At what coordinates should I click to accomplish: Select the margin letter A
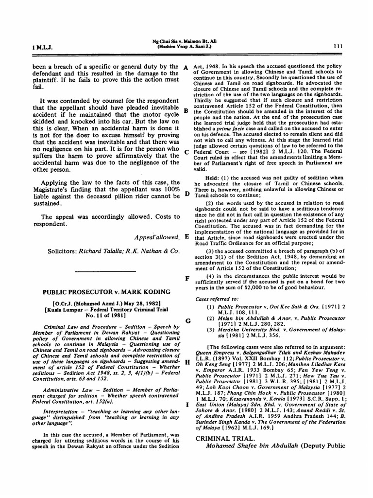click(x=186, y=67)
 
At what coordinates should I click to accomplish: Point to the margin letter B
click(x=186, y=110)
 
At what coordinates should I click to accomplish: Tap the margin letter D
click(x=186, y=195)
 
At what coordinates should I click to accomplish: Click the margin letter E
click(x=186, y=237)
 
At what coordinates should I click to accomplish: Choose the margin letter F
click(x=186, y=279)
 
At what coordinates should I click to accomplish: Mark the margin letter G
click(x=186, y=321)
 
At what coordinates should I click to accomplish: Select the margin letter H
click(x=186, y=363)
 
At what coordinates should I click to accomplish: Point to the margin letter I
click(x=186, y=405)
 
